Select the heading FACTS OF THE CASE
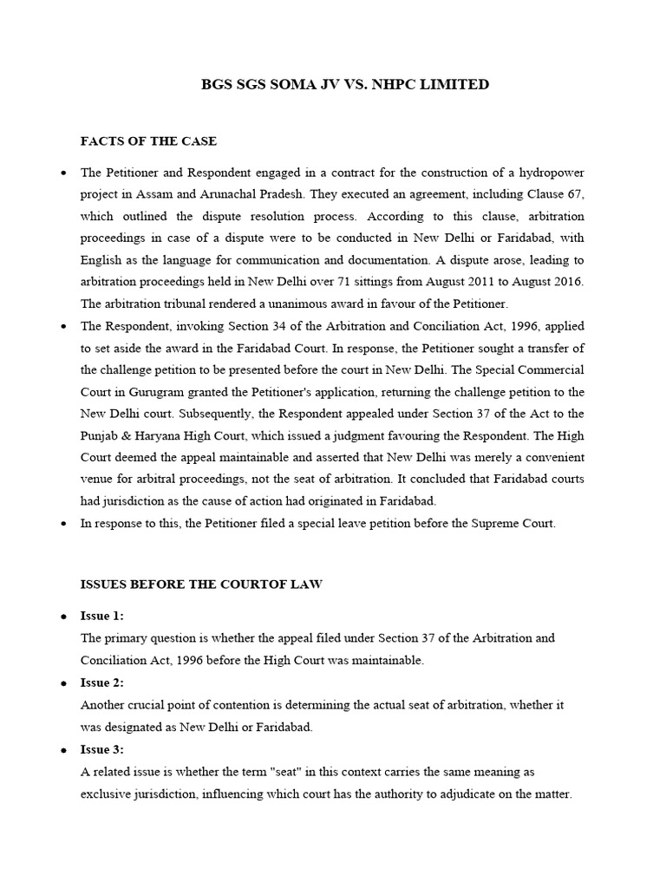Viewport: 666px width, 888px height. pos(148,140)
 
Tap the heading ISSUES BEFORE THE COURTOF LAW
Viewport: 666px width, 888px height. pos(201,584)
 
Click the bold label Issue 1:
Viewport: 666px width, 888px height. pos(102,616)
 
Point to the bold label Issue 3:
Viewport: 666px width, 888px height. pos(102,749)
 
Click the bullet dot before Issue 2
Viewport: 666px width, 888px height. pos(63,683)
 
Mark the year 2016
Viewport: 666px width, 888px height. pos(567,283)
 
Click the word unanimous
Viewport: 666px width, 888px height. pos(258,304)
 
